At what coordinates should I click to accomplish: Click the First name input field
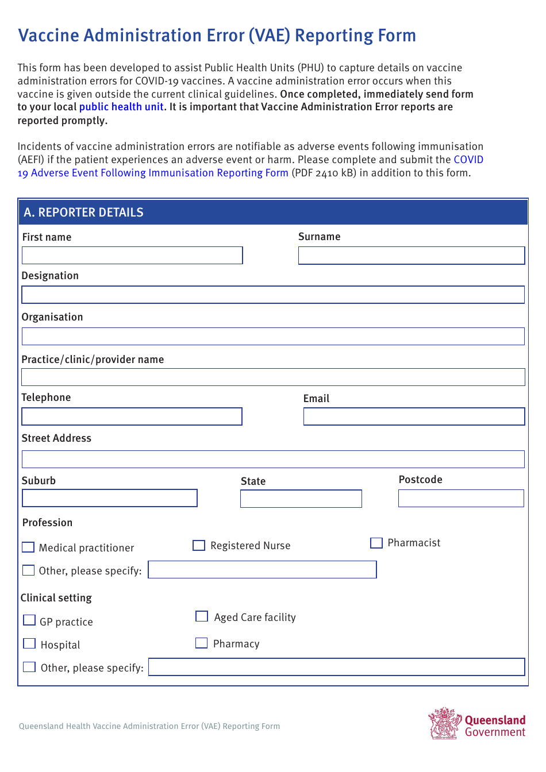pos(132,256)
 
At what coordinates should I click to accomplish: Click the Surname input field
pos(412,256)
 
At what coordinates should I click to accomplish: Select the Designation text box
pos(273,295)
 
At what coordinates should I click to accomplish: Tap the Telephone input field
pos(132,416)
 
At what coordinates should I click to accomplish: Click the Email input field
pos(414,416)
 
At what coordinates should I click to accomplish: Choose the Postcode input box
pos(461,498)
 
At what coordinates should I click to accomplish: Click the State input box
pos(301,499)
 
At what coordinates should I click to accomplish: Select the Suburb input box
pos(110,498)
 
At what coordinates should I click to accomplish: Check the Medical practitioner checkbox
pos(28,547)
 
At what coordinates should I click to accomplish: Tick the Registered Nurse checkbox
pos(199,545)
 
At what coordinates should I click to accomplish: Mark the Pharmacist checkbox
pos(376,543)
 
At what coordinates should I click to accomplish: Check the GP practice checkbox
pos(29,620)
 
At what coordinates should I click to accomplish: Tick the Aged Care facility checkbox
pos(202,616)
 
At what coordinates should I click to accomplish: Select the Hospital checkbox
pos(29,643)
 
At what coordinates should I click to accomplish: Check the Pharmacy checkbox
pos(201,643)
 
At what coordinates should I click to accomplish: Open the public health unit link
pos(121,107)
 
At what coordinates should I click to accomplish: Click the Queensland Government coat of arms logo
pos(444,723)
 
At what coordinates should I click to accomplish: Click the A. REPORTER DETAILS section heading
pos(84,213)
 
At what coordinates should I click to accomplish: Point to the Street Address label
pos(56,438)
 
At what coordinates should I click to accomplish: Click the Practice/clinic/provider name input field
pos(273,377)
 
